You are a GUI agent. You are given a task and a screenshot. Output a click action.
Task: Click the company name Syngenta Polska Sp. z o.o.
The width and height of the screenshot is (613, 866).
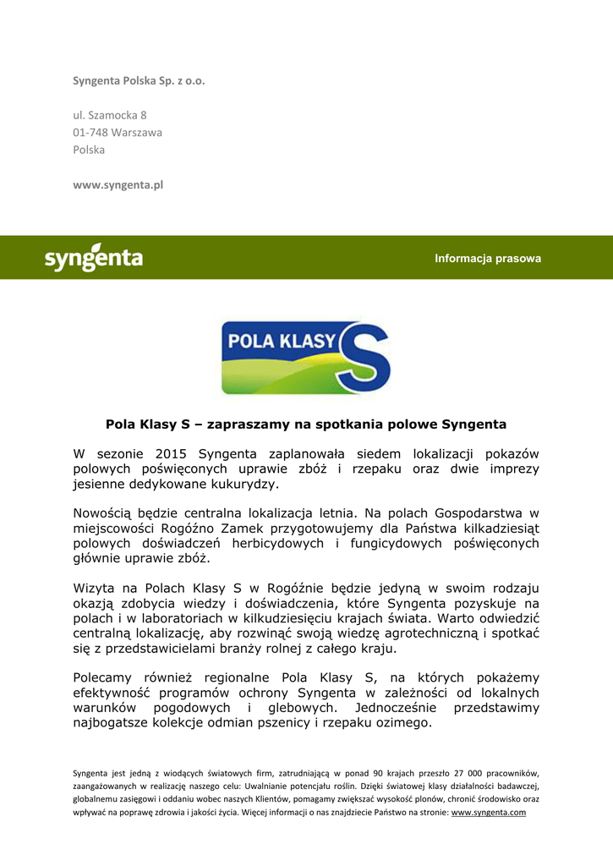coord(139,81)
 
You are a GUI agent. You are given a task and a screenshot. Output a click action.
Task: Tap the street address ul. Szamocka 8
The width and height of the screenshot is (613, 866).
coord(110,115)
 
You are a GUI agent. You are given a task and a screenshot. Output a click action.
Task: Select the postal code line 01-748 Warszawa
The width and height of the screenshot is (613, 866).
coord(118,133)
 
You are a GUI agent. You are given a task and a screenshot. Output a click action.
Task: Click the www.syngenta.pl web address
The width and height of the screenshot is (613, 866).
coord(118,185)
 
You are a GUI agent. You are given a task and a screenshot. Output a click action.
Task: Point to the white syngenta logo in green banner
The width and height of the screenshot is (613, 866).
coord(93,257)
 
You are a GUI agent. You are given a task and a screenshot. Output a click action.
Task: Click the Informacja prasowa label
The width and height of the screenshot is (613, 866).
coord(488,259)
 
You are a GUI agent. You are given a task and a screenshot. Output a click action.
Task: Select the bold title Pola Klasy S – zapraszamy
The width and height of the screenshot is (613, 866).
coord(306,424)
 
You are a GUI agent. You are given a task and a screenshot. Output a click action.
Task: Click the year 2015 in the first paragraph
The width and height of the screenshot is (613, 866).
coord(172,454)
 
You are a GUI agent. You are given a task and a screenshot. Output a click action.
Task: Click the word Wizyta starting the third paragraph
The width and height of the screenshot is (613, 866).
coord(94,588)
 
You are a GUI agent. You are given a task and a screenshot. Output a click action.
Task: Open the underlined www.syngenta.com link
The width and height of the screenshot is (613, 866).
coord(489,812)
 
